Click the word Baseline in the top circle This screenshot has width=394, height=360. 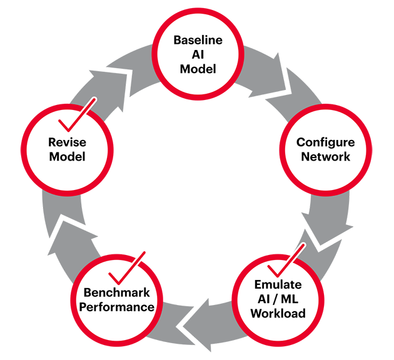click(198, 41)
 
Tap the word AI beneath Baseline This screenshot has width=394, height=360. click(198, 55)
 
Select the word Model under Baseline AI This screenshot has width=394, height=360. click(198, 69)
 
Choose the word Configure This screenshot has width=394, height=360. click(325, 142)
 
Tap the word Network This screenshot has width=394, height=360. click(325, 156)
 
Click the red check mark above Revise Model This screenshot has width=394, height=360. click(74, 112)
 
